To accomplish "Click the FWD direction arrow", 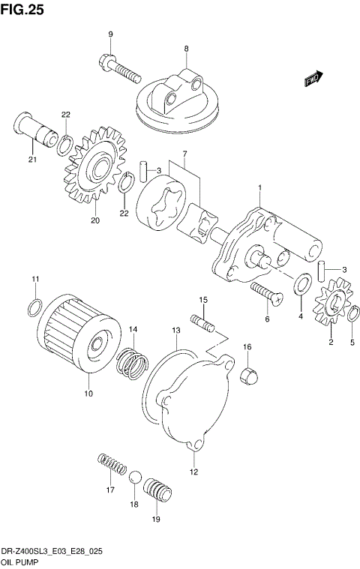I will [x=313, y=79].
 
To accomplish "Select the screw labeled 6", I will [x=266, y=294].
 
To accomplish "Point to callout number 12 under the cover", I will [x=193, y=472].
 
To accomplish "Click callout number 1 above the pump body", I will [x=259, y=187].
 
